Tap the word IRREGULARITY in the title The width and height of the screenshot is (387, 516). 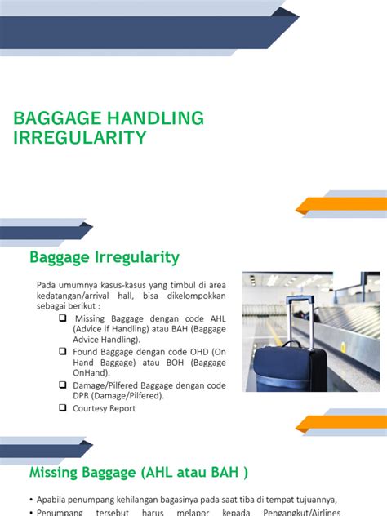click(80, 137)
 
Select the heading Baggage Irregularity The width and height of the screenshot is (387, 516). click(104, 257)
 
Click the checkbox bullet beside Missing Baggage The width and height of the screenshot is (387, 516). click(64, 318)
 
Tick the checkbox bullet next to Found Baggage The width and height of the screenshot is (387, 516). click(64, 350)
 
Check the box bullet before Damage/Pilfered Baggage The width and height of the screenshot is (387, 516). click(64, 384)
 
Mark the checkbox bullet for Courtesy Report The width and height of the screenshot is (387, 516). click(64, 407)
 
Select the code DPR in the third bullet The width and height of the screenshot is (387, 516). click(83, 396)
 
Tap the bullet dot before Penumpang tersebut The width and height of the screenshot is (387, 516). click(30, 512)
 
